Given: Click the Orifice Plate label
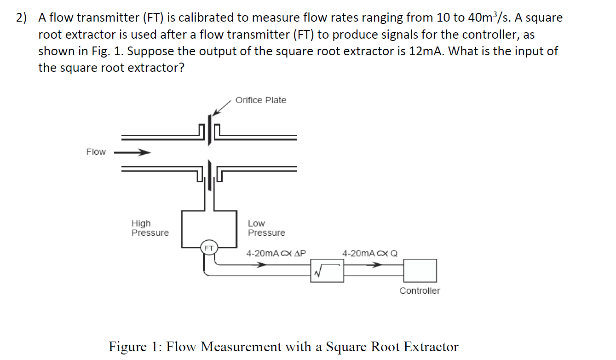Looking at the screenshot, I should click(260, 100).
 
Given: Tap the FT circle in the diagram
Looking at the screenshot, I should click(209, 248).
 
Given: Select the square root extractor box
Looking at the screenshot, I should click(327, 270).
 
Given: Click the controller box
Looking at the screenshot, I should click(420, 270).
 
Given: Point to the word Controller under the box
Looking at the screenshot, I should click(420, 291).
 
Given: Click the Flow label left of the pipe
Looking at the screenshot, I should click(96, 152).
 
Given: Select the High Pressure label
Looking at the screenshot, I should click(150, 228).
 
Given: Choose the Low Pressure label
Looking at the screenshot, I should click(266, 228).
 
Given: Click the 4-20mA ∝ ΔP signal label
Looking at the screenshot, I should click(276, 253).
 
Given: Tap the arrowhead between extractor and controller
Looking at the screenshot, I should click(377, 265).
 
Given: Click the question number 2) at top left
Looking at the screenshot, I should click(21, 18).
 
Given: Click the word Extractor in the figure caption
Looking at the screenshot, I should click(431, 346).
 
